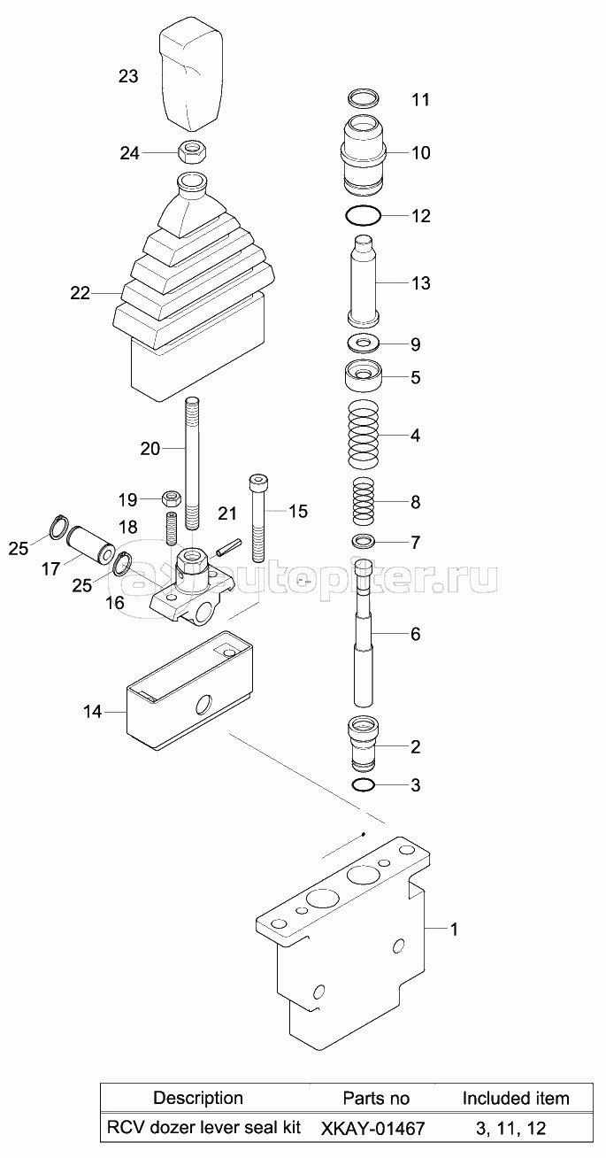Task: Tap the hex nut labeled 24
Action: (192, 152)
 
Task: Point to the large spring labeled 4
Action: (364, 434)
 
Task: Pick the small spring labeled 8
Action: (364, 501)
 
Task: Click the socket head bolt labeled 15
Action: (257, 518)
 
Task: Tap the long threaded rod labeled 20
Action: (192, 463)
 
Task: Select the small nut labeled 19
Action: (172, 498)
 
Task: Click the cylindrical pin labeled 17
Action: (91, 544)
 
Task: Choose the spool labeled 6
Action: (364, 632)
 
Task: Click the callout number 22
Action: (81, 293)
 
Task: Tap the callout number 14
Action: (93, 712)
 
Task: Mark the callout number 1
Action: (454, 930)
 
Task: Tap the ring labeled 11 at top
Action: (364, 96)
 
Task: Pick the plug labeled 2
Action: (364, 743)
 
